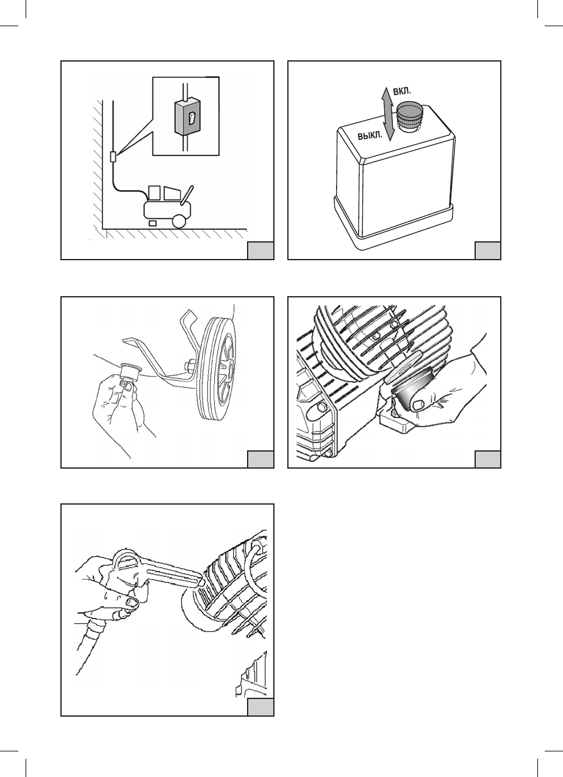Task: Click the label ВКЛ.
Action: pos(401,91)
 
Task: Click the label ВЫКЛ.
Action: pos(370,135)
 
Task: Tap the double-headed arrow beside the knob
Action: pos(388,114)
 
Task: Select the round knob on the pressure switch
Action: pos(410,116)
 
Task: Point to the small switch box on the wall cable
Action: pos(113,157)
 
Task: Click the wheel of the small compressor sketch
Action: pos(180,221)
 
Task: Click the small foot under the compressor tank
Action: pos(152,223)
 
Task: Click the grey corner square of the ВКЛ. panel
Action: pos(487,251)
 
